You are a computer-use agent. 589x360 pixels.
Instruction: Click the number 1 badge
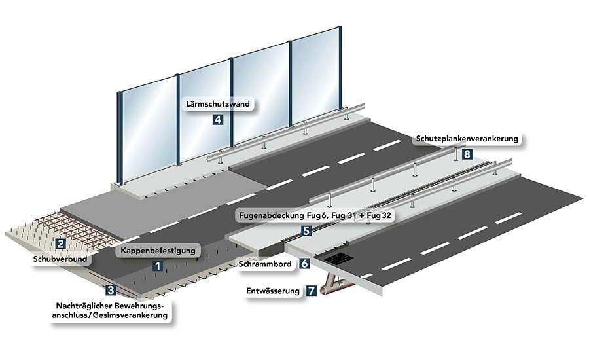(156, 266)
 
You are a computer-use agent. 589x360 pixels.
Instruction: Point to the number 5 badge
(306, 230)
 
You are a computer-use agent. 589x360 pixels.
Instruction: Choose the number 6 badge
(304, 264)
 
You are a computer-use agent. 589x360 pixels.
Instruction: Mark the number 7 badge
(311, 291)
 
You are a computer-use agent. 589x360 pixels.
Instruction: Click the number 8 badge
(467, 154)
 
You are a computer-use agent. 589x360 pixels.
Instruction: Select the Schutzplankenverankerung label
(467, 139)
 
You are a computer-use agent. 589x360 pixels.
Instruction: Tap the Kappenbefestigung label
(156, 251)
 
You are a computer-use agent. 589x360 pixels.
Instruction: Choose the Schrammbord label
(264, 264)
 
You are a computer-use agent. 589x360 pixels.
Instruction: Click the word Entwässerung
(273, 291)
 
